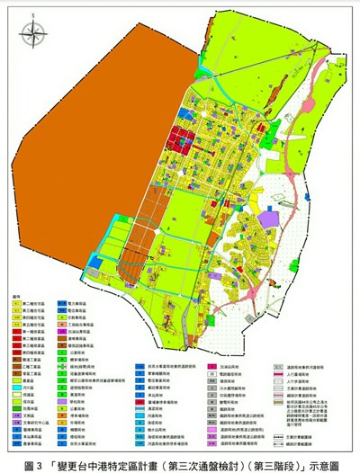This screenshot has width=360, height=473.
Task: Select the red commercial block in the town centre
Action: click(x=176, y=142)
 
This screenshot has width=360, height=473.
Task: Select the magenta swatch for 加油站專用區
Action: click(x=60, y=332)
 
